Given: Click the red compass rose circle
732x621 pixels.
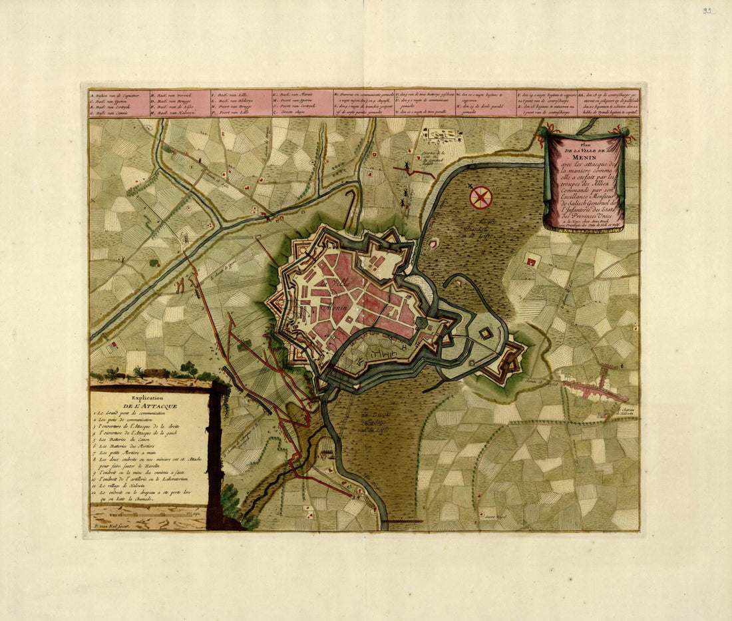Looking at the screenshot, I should click(480, 197).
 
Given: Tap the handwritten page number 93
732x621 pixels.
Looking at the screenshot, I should click(707, 11).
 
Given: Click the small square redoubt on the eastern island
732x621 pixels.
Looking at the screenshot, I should click(487, 334).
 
